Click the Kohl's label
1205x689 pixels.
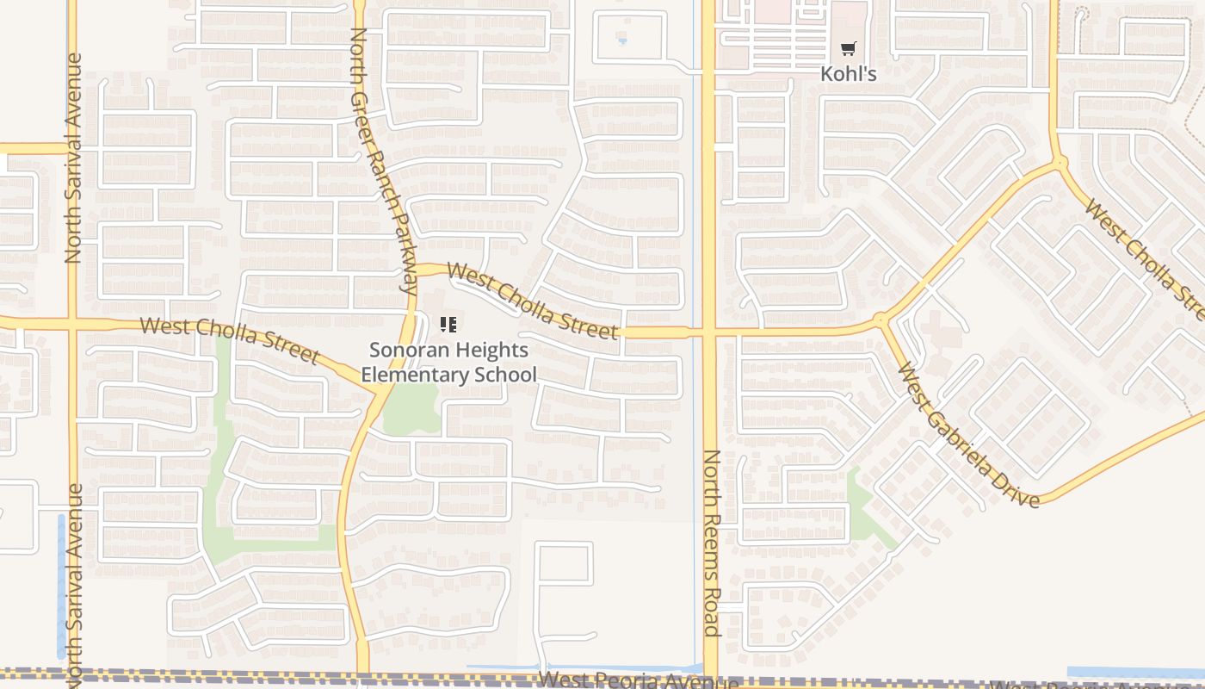pos(848,74)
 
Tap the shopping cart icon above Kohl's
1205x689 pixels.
pos(849,49)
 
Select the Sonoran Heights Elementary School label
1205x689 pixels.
pos(448,363)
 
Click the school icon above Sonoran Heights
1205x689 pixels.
pos(448,325)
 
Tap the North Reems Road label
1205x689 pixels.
pos(711,543)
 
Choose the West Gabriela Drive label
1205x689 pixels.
pos(967,435)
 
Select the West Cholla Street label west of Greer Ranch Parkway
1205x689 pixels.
pos(230,338)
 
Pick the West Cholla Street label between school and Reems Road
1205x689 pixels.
pos(532,301)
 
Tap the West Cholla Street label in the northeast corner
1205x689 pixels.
pos(1145,258)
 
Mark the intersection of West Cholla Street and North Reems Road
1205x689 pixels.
pos(709,332)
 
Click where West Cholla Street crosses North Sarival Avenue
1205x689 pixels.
pos(73,325)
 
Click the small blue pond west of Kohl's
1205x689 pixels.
pos(622,40)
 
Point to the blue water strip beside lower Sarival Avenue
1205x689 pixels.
pos(61,586)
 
